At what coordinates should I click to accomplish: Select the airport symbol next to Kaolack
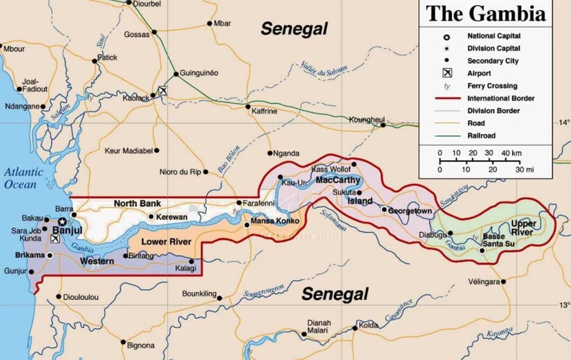click(x=163, y=91)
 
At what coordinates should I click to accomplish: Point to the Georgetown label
click(x=410, y=211)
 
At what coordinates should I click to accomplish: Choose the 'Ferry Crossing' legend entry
click(x=491, y=85)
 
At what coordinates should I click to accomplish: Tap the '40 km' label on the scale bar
click(x=510, y=154)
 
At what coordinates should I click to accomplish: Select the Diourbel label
click(x=147, y=4)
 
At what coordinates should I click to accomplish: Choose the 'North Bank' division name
click(x=137, y=204)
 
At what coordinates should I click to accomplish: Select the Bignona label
click(x=140, y=346)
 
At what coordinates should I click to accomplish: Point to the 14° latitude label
click(x=565, y=121)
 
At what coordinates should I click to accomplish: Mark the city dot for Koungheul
click(x=383, y=125)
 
